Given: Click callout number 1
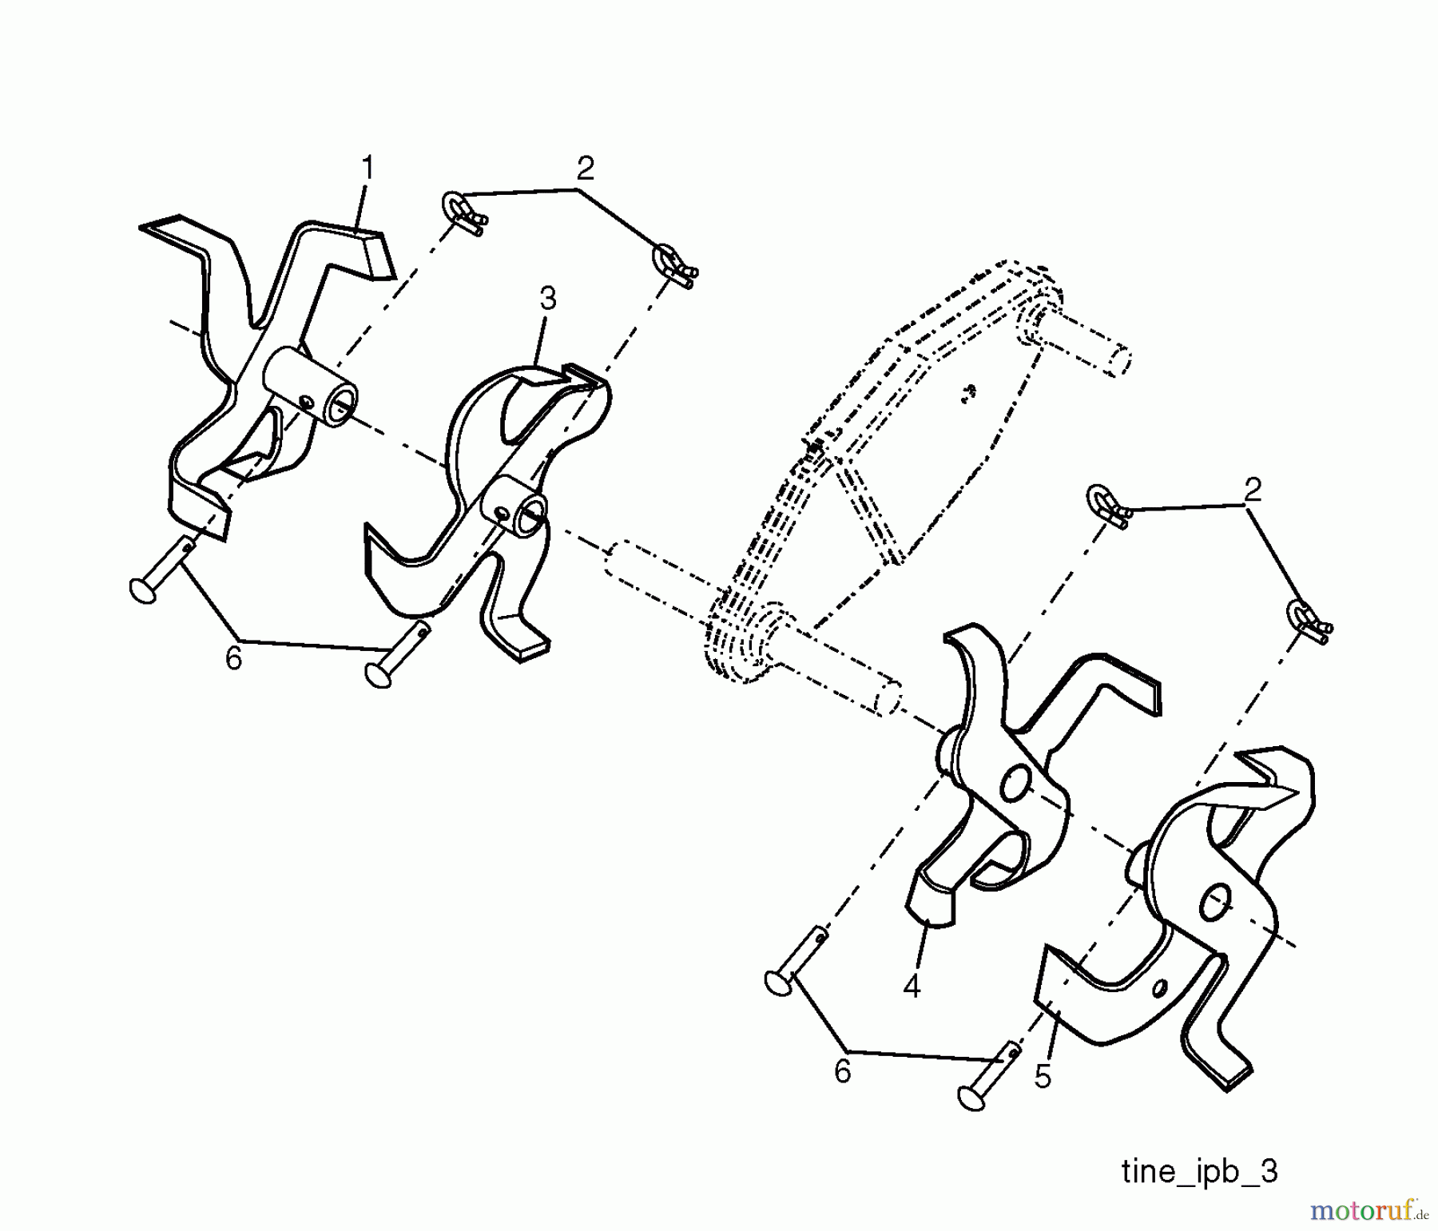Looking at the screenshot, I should pos(367,169).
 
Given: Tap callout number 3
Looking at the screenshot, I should pos(547,299).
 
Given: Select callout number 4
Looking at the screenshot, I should pos(912,987).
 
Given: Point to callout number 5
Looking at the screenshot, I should pos(1043,1076).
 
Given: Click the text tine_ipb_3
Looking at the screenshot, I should pos(1199,1172).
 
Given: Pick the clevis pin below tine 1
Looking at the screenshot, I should pos(160,571).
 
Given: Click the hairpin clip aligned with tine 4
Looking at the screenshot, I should pos(1107,507).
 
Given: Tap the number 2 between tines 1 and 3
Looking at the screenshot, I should pos(585,169).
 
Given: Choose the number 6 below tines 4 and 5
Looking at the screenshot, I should pos(843,1071).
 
